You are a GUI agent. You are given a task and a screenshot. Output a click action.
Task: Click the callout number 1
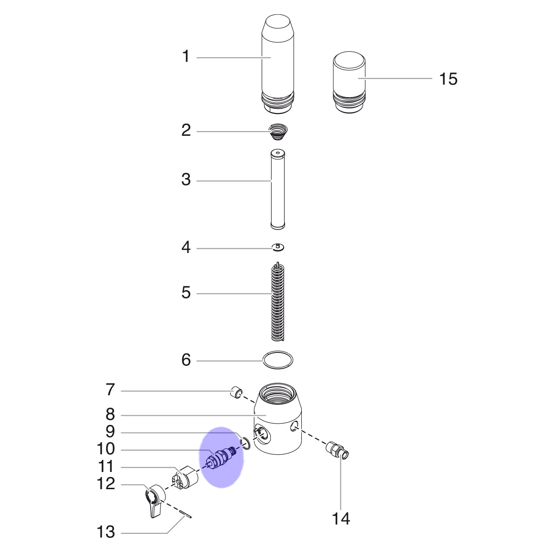click(x=186, y=56)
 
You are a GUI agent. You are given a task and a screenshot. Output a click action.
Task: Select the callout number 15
click(x=448, y=79)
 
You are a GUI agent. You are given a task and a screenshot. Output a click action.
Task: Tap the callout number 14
click(x=341, y=518)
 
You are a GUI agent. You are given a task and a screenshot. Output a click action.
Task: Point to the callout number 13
click(x=106, y=532)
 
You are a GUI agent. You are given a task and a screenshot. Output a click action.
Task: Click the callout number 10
click(x=106, y=449)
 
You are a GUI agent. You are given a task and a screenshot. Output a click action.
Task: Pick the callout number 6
click(x=186, y=360)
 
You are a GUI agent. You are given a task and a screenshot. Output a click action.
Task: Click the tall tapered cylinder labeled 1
click(x=278, y=64)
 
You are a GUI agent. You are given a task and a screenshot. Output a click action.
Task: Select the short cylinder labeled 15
click(x=349, y=82)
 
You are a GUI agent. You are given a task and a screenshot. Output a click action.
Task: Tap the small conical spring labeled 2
click(x=278, y=132)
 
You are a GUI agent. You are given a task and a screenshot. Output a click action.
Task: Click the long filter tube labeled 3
click(x=278, y=190)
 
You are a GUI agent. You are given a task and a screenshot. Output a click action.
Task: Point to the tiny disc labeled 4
click(x=278, y=247)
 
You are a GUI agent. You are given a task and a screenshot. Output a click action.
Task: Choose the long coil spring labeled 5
click(x=278, y=301)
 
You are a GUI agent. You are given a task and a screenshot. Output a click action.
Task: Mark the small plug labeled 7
click(x=236, y=392)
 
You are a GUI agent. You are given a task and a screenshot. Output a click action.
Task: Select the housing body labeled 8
click(x=278, y=418)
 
